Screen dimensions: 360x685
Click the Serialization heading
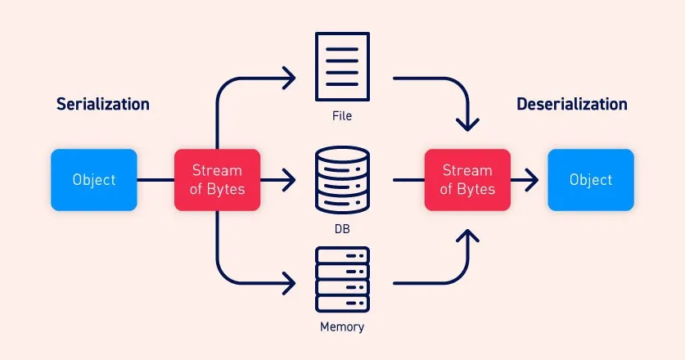pyautogui.click(x=102, y=104)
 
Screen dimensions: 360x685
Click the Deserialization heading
pyautogui.click(x=572, y=104)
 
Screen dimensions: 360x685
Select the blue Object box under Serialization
pyautogui.click(x=94, y=180)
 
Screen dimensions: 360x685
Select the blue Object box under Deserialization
pyautogui.click(x=590, y=180)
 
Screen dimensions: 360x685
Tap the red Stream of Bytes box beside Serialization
pyautogui.click(x=217, y=180)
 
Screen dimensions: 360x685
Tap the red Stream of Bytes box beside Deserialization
pyautogui.click(x=467, y=180)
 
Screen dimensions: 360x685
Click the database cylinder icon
pyautogui.click(x=342, y=179)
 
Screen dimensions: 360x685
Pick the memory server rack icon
pyautogui.click(x=342, y=279)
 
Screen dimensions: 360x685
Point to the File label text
pyautogui.click(x=342, y=116)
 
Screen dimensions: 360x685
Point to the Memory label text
pyautogui.click(x=342, y=327)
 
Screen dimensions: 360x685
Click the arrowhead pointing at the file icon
pyautogui.click(x=289, y=79)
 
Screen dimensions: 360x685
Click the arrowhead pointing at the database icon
pyautogui.click(x=289, y=180)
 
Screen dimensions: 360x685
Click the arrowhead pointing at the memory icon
pyautogui.click(x=289, y=283)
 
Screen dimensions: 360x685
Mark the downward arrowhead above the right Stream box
pyautogui.click(x=467, y=124)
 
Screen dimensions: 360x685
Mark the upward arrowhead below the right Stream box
pyautogui.click(x=467, y=236)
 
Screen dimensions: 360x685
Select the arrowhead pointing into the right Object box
pyautogui.click(x=532, y=180)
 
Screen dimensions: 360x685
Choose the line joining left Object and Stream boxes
pyautogui.click(x=155, y=180)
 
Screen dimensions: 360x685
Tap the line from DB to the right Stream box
pyautogui.click(x=408, y=180)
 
